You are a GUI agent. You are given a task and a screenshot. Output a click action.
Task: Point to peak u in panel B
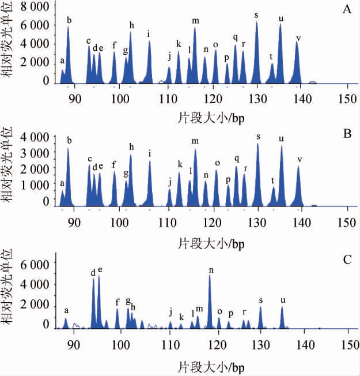[282, 176]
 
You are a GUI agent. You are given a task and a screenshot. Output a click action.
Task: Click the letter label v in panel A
[298, 38]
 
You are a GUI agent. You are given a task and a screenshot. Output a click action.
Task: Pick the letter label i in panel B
[150, 153]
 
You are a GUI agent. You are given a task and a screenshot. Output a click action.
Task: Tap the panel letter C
[347, 259]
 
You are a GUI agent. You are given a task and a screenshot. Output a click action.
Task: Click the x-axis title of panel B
[212, 242]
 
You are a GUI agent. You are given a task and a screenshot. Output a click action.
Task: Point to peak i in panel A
[149, 63]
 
